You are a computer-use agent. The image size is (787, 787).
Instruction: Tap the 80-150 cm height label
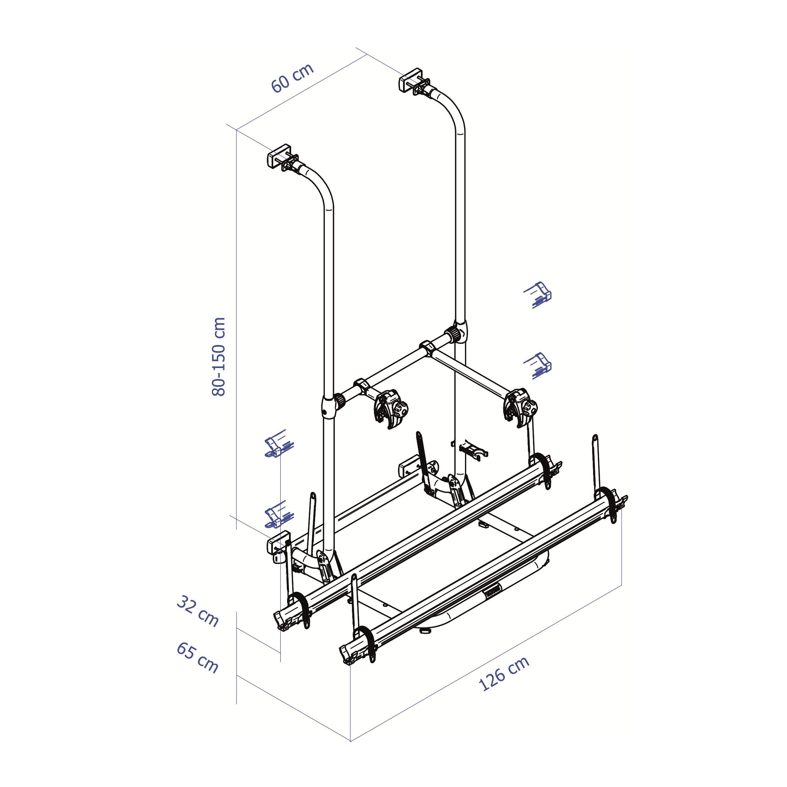(219, 356)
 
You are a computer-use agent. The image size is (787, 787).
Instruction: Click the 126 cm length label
(504, 673)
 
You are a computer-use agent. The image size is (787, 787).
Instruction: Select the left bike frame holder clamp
(391, 409)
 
